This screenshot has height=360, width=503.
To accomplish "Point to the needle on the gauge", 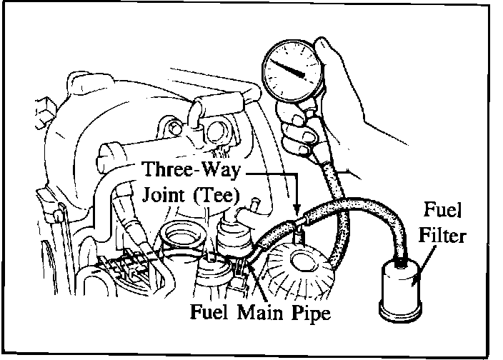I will pyautogui.click(x=293, y=69).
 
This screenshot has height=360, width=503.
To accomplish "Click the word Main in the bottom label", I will pyautogui.click(x=269, y=312).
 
